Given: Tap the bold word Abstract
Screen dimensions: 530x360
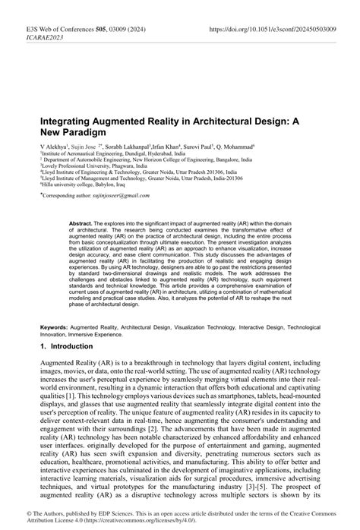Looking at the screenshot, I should tap(81, 225).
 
